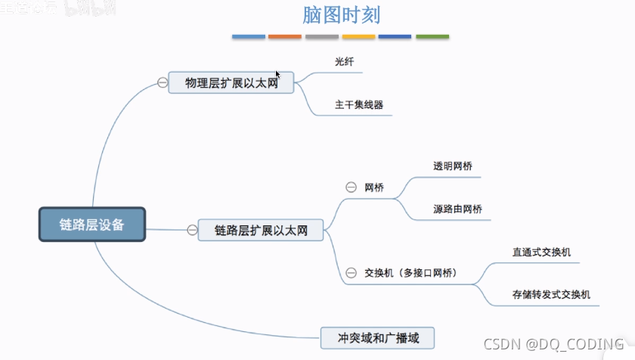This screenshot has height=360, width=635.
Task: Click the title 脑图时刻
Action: click(x=340, y=14)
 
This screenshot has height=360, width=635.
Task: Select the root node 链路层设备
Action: click(x=91, y=225)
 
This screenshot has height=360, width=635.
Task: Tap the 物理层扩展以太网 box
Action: click(x=231, y=82)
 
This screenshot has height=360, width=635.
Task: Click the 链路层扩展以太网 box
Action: click(x=261, y=230)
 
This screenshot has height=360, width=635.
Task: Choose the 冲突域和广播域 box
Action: click(x=378, y=337)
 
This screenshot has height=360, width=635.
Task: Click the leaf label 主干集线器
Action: click(x=359, y=104)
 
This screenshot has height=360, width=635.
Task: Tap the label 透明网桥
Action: click(x=453, y=166)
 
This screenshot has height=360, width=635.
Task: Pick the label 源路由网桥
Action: click(x=457, y=209)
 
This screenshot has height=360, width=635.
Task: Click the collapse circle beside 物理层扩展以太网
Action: click(x=163, y=82)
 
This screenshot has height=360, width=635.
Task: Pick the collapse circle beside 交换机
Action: click(x=351, y=272)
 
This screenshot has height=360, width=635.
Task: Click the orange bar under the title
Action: click(x=285, y=36)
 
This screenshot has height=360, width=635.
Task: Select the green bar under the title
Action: click(x=432, y=36)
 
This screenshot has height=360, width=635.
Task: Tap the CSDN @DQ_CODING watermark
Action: click(x=553, y=344)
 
